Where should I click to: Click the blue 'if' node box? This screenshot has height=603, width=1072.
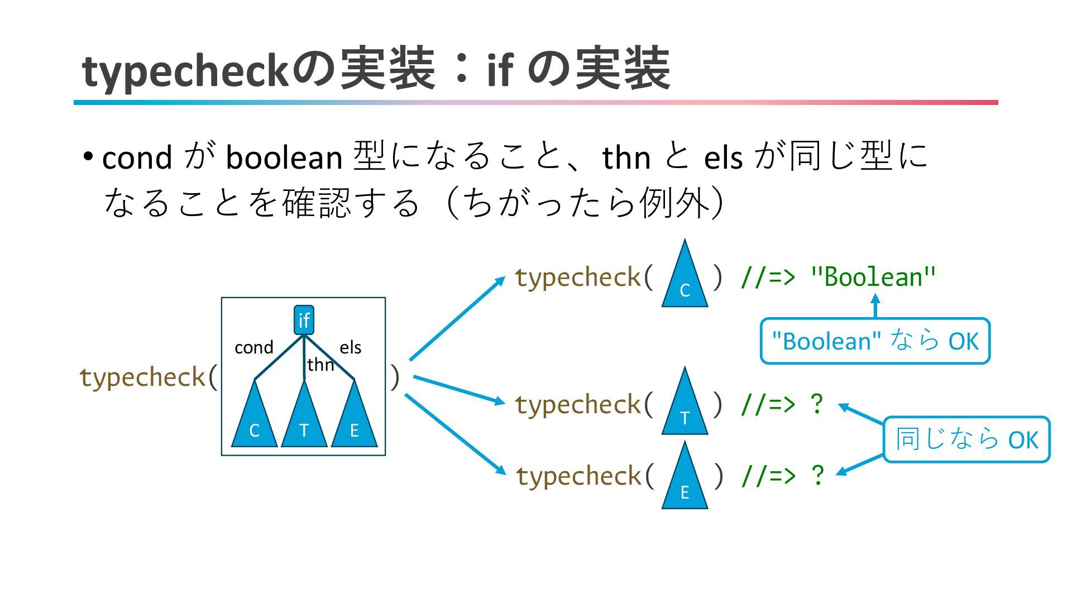click(304, 320)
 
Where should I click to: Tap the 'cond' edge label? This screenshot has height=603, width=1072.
click(253, 347)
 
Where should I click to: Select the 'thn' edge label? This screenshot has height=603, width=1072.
click(320, 365)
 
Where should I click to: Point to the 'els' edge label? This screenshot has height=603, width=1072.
click(351, 347)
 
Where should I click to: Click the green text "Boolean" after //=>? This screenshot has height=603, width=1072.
click(873, 277)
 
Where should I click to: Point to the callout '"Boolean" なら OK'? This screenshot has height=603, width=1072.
click(875, 341)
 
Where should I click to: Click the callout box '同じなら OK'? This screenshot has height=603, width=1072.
click(966, 439)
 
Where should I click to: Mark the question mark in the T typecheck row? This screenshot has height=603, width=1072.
click(816, 404)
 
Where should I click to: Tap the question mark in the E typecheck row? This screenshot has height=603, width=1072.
click(817, 475)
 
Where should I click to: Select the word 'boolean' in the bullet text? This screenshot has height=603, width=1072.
click(284, 157)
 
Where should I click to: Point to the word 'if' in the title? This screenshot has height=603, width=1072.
click(499, 70)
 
